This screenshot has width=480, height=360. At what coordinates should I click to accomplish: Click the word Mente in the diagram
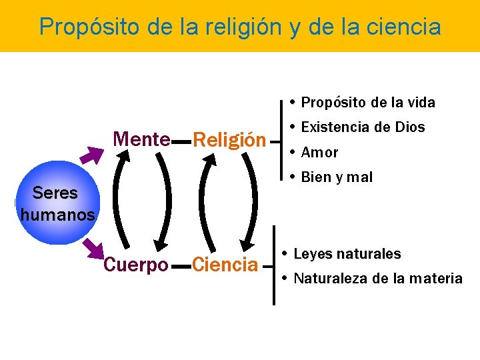point(142,139)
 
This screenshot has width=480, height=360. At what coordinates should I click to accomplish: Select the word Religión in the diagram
point(229,140)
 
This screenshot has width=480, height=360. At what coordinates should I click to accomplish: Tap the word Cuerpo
point(136,265)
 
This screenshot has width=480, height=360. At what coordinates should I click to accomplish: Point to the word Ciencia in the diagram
point(225,265)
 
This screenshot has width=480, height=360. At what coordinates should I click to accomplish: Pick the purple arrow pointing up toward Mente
point(91,155)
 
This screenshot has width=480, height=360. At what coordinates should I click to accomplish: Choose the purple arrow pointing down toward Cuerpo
point(91,247)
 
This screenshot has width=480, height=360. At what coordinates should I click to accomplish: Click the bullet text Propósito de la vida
point(368,103)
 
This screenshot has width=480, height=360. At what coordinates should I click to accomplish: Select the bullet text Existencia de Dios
point(363,127)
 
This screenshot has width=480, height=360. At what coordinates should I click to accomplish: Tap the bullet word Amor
point(319,153)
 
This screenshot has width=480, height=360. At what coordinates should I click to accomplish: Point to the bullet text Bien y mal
point(337,177)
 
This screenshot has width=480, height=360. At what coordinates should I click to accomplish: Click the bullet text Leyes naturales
point(347,254)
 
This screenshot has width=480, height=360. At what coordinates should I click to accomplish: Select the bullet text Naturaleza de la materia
point(377,279)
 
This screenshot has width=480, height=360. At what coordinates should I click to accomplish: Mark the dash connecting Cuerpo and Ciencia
point(181,266)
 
